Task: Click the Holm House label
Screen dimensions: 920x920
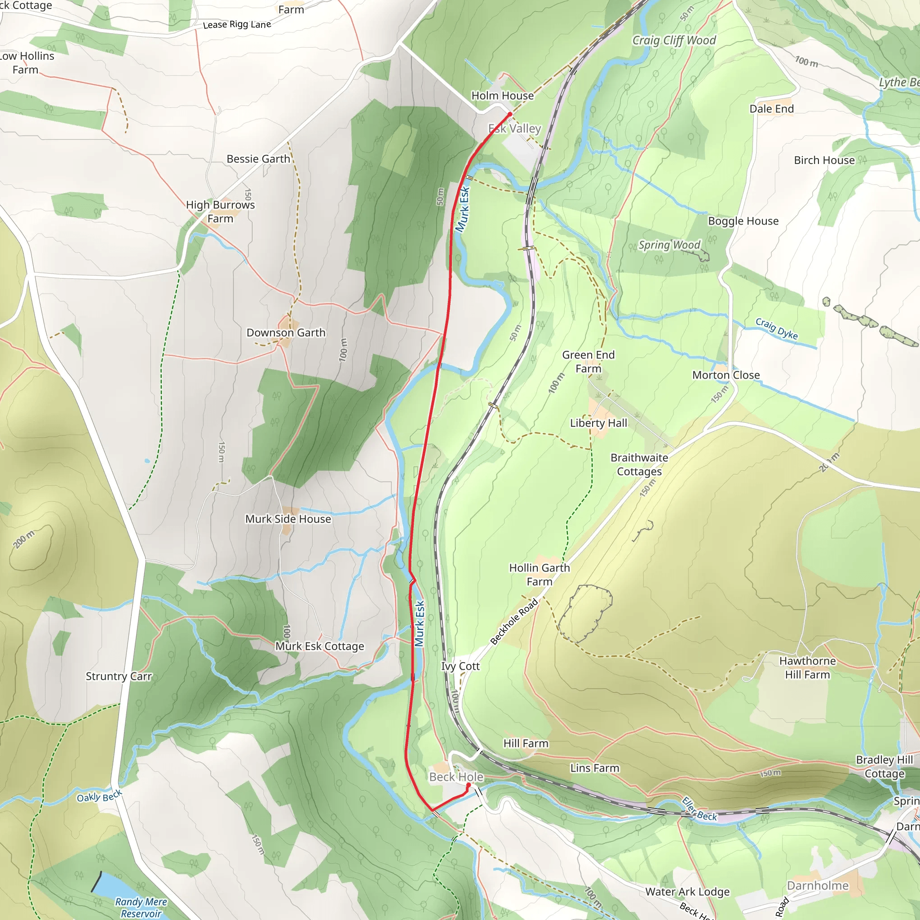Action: pos(502,96)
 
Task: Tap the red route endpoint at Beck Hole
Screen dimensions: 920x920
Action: pos(468,785)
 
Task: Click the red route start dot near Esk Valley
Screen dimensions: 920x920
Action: pos(509,114)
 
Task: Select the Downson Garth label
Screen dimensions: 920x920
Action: pos(286,333)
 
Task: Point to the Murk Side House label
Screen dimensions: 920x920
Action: pos(287,519)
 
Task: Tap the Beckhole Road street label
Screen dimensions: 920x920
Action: pos(514,621)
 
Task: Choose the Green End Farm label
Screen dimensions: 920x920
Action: pos(588,362)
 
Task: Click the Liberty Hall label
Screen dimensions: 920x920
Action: pos(598,423)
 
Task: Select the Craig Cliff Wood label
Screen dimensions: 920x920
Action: pos(674,40)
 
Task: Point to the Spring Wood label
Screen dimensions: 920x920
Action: pos(669,245)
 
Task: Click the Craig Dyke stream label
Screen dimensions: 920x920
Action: pos(776,328)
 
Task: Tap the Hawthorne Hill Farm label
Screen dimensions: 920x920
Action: pos(807,668)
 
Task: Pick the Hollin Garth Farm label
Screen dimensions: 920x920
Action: pos(539,574)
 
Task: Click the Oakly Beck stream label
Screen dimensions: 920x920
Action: pos(100,796)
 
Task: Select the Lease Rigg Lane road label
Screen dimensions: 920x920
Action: pos(237,25)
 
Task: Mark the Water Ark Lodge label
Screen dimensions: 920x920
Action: pos(687,891)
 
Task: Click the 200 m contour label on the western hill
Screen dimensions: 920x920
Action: pos(24,540)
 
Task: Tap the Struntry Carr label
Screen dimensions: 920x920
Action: pos(119,676)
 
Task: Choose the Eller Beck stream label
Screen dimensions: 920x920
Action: pos(699,809)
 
